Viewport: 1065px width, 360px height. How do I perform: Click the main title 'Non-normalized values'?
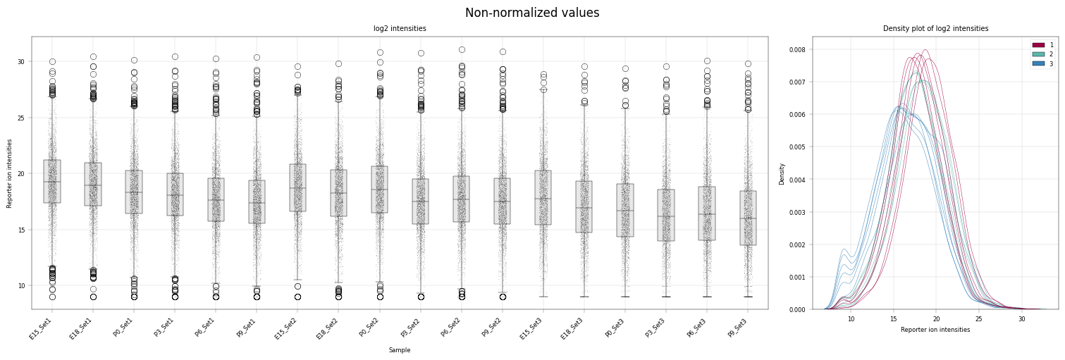coord(532,13)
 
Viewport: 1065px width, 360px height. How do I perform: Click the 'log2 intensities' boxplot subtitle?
coord(400,28)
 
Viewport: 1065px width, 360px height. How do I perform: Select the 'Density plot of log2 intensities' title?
coord(936,28)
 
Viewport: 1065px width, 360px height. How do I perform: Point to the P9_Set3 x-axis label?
coord(737,328)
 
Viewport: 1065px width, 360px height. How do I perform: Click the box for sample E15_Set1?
coord(52,182)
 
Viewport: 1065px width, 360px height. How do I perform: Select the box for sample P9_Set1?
coord(257,202)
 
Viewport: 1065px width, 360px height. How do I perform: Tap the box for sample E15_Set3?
coord(543,197)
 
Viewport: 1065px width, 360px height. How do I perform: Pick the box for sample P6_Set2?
coord(461,199)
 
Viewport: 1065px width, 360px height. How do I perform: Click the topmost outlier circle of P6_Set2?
coord(462,50)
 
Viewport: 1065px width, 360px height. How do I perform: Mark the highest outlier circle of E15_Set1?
coord(52,62)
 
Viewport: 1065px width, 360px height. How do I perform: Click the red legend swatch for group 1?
coord(1038,45)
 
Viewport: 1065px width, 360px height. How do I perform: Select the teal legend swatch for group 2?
coord(1038,55)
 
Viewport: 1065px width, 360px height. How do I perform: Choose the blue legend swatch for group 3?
coord(1038,64)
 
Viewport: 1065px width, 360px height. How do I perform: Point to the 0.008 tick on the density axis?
coord(799,49)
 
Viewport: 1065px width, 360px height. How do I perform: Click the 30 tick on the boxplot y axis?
coord(21,62)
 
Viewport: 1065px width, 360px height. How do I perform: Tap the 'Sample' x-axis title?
coord(400,350)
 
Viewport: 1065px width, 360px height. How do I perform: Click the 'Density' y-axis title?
coord(782,174)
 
